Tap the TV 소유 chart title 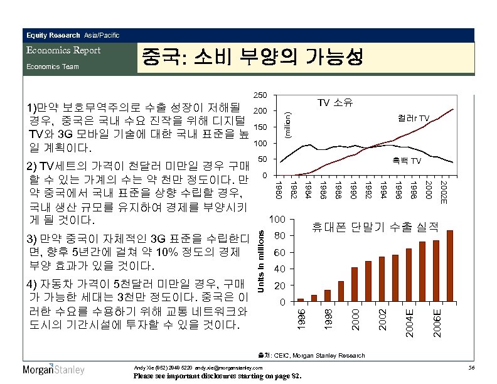click(335, 102)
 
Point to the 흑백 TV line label click(407, 161)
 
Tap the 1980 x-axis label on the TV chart click(280, 188)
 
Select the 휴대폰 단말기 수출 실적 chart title click(375, 227)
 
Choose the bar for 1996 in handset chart click(300, 300)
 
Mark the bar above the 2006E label click(436, 271)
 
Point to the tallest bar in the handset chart click(449, 266)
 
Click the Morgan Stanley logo click(53, 369)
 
